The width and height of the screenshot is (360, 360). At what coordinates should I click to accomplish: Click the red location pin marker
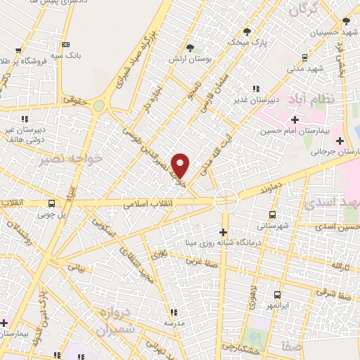pyautogui.click(x=181, y=165)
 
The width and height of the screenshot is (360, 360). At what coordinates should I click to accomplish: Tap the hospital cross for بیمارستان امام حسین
pyautogui.click(x=295, y=120)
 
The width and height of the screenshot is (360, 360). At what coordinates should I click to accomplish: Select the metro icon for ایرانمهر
pyautogui.click(x=277, y=295)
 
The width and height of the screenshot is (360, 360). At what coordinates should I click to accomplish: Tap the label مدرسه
pyautogui.click(x=174, y=323)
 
